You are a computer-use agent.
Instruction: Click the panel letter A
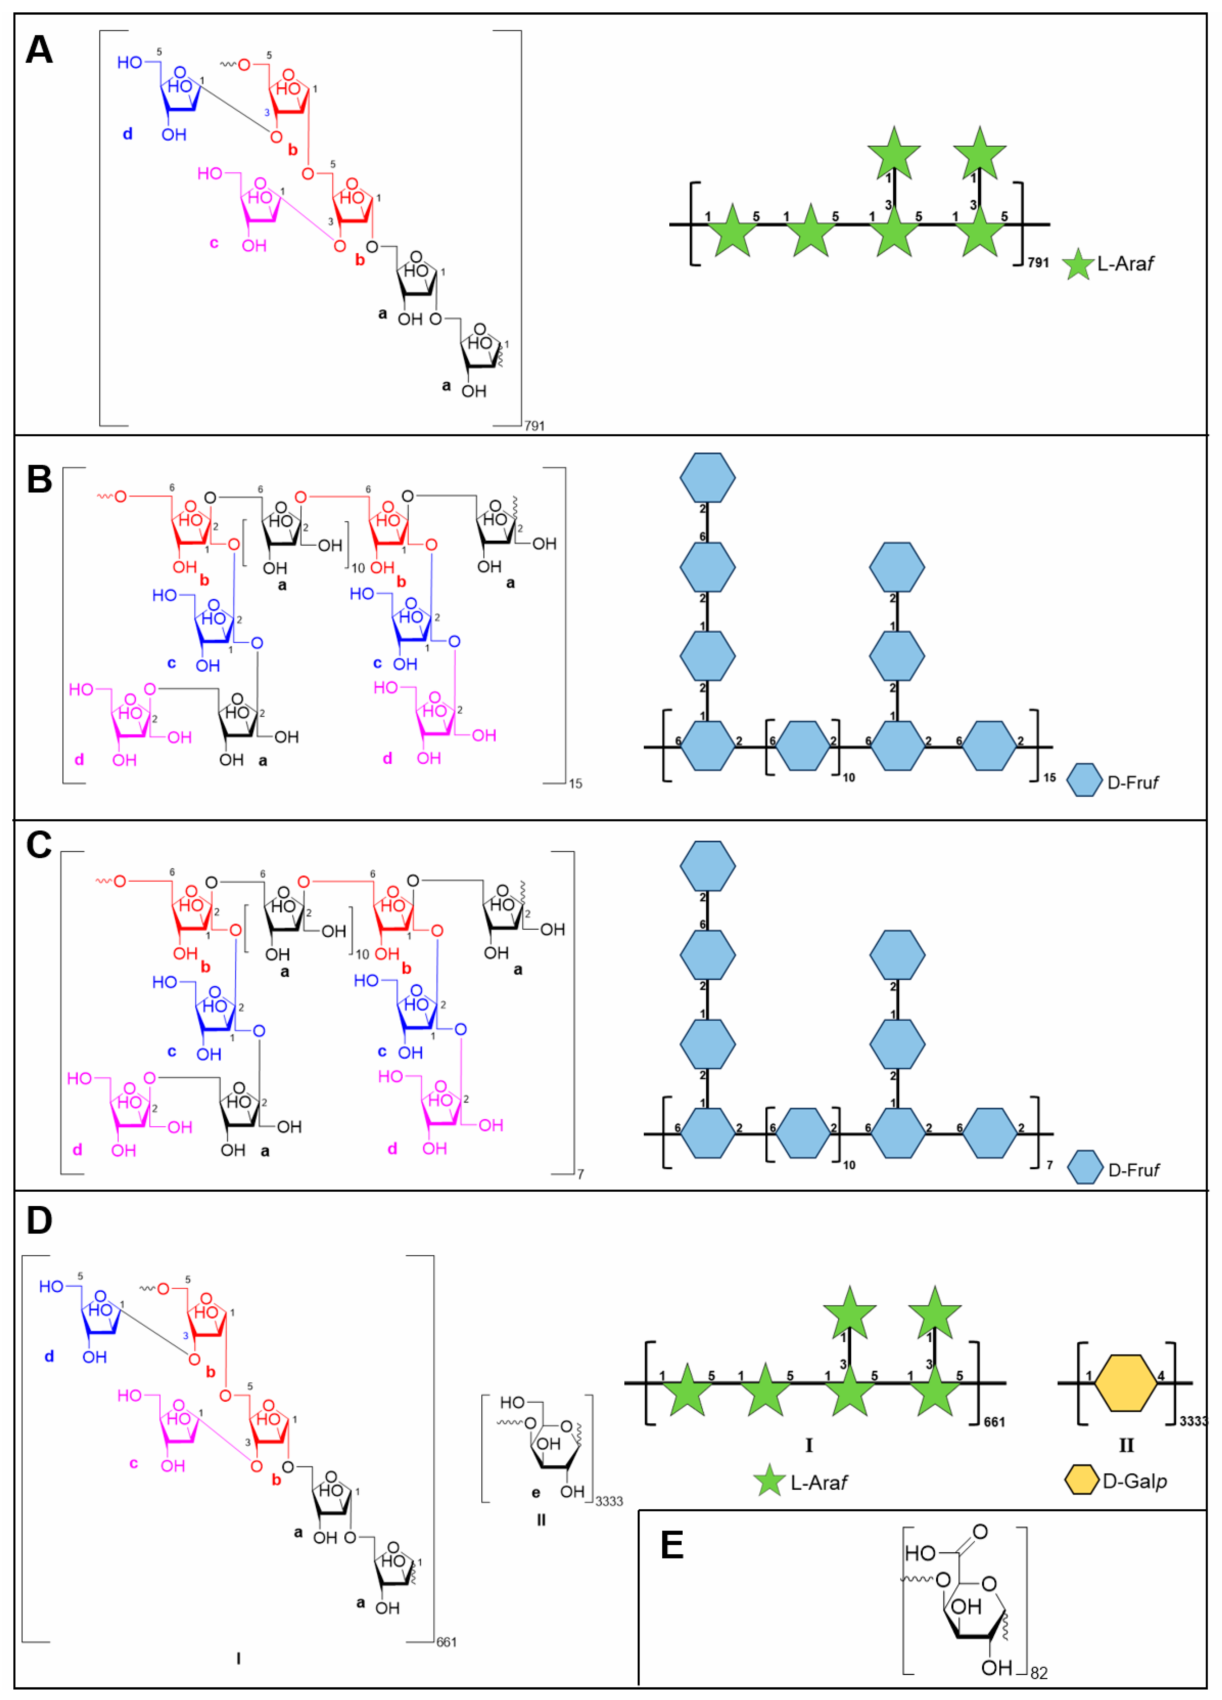point(39,50)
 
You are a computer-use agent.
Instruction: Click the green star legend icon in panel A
point(1078,265)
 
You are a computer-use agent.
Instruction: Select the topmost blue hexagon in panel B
point(707,478)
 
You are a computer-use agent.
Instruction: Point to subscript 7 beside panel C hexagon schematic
point(1050,1165)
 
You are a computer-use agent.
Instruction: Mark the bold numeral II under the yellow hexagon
point(1126,1445)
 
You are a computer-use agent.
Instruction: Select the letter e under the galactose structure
point(536,1492)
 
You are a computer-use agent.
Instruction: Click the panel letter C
point(39,845)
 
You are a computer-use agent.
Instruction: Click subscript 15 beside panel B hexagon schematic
point(1050,777)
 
